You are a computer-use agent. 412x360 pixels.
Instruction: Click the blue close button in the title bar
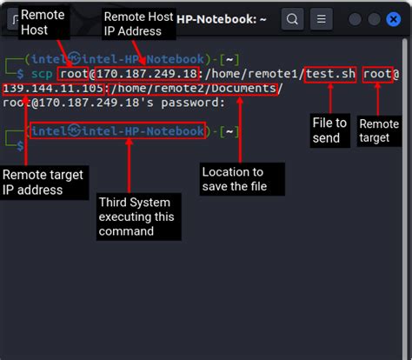point(394,19)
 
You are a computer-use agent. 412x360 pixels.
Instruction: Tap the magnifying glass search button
point(292,19)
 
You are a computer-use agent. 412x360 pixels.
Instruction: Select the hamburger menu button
point(322,19)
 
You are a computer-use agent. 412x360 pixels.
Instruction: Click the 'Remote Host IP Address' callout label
point(138,23)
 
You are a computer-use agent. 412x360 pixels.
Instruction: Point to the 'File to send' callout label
point(330,130)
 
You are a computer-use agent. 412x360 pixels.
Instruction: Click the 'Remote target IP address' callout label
point(43,183)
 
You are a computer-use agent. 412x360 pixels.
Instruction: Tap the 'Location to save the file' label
point(242,179)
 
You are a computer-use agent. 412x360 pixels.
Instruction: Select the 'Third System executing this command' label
point(138,217)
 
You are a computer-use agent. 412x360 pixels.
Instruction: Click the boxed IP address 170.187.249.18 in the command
point(147,74)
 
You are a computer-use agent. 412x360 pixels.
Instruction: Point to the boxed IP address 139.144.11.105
point(53,89)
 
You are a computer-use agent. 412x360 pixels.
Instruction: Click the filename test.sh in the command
point(330,74)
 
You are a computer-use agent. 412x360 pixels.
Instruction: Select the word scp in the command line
point(42,74)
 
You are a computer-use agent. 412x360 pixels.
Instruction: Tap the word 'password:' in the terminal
point(193,103)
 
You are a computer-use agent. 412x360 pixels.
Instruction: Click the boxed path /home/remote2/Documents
point(193,89)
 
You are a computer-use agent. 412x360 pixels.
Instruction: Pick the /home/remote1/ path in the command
point(255,74)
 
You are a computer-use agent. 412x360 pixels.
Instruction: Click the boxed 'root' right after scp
point(73,74)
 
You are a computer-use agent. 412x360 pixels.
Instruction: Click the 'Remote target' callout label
point(379,131)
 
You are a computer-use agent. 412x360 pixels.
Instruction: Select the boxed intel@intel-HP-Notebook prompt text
point(118,130)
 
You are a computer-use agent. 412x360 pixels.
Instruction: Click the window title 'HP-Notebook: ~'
point(222,19)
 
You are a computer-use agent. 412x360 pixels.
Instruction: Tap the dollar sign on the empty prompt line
point(20,145)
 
